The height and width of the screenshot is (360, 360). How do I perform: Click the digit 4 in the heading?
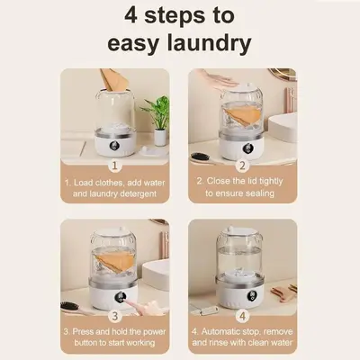pyautogui.click(x=130, y=15)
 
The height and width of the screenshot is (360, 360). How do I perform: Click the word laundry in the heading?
pyautogui.click(x=209, y=43)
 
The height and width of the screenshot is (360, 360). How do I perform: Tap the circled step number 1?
pyautogui.click(x=114, y=166)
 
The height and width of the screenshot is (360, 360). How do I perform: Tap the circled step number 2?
pyautogui.click(x=242, y=166)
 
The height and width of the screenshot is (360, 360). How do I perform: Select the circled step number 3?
pyautogui.click(x=114, y=315)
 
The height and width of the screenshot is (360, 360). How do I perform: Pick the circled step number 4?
pyautogui.click(x=242, y=316)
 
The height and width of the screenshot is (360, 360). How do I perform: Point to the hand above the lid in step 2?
pyautogui.click(x=218, y=77)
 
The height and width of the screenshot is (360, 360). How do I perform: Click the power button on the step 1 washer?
pyautogui.click(x=115, y=146)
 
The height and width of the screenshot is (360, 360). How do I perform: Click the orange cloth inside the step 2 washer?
pyautogui.click(x=242, y=116)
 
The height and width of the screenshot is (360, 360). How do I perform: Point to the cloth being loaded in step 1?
pyautogui.click(x=113, y=80)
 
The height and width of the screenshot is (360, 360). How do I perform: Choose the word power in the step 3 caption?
pyautogui.click(x=151, y=332)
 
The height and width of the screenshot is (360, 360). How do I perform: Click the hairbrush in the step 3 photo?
pyautogui.click(x=72, y=309)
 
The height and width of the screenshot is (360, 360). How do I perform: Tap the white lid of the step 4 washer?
pyautogui.click(x=239, y=231)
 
